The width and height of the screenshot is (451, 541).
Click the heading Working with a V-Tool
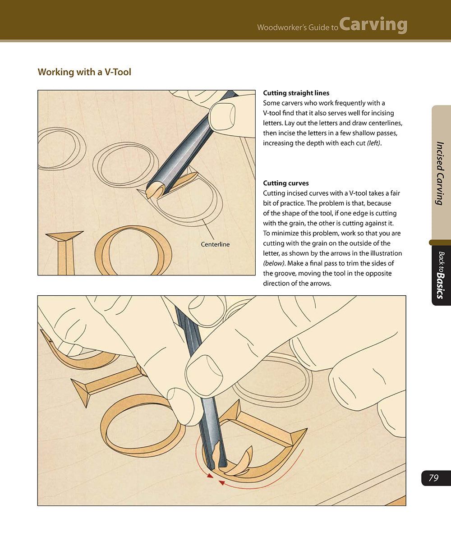click(x=84, y=72)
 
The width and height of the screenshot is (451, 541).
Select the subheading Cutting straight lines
click(x=296, y=93)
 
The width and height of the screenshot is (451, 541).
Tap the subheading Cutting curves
click(x=285, y=183)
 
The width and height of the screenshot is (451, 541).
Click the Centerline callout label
click(x=215, y=244)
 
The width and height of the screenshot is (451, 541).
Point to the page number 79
click(x=433, y=478)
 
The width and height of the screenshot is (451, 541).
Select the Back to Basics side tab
click(x=441, y=275)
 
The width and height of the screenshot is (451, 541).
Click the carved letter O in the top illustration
click(x=133, y=250)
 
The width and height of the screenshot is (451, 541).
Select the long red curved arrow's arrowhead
click(x=221, y=483)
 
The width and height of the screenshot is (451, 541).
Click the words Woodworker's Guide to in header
click(x=297, y=28)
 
